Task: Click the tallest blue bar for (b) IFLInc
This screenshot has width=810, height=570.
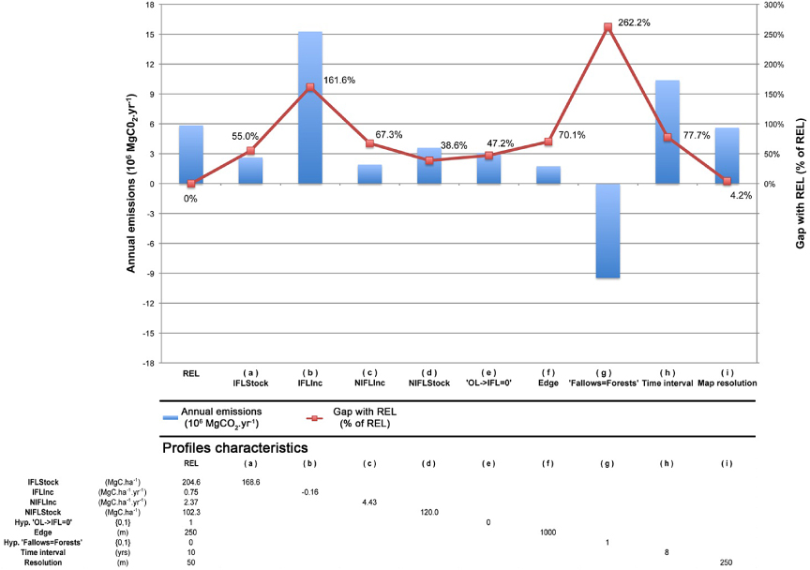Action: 310,108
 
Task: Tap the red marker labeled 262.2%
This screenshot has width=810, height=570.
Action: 607,27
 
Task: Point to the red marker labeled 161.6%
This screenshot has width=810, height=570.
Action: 310,87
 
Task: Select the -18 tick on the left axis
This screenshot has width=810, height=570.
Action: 150,363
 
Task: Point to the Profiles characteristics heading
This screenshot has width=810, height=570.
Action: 235,448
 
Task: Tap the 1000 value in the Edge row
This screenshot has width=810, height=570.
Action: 548,532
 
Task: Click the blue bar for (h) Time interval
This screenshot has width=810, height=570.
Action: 667,132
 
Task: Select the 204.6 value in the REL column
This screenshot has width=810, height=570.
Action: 190,483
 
